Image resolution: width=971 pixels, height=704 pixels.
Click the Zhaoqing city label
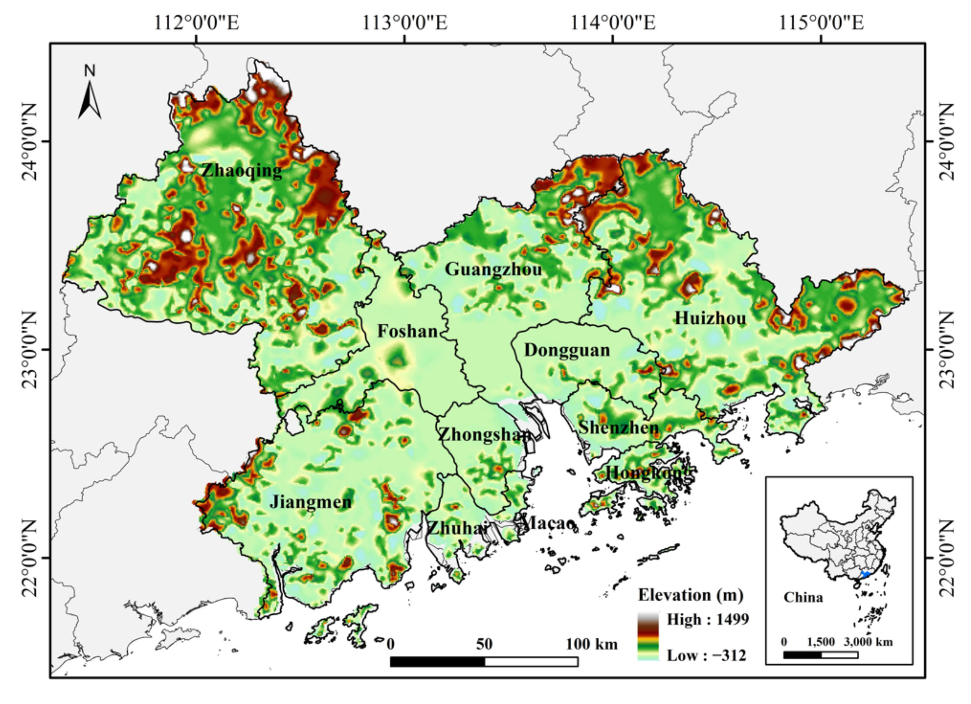tap(241, 171)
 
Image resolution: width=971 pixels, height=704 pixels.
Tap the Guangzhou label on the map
tap(493, 270)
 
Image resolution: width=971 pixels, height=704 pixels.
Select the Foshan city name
tap(407, 331)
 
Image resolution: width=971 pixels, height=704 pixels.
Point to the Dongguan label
tap(567, 350)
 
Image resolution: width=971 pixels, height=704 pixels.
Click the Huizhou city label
tap(710, 318)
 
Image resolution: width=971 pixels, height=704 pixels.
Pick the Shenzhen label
tap(619, 427)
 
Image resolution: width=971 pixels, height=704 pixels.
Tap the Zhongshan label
tap(484, 434)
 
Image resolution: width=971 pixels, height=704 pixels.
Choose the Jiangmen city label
tap(310, 502)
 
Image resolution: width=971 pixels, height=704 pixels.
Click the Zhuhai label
tap(457, 529)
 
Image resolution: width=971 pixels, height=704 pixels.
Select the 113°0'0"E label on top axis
tap(405, 23)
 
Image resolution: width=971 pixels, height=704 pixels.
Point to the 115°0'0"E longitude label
tap(821, 23)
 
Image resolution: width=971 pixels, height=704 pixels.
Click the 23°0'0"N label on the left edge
tap(29, 349)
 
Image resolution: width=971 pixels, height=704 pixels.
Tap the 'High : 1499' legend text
tap(708, 619)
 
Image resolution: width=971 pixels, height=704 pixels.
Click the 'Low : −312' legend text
tap(706, 656)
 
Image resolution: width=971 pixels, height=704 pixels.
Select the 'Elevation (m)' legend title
tap(691, 595)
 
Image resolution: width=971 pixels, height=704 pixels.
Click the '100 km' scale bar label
tap(592, 644)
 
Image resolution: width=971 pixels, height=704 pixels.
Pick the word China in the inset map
tap(803, 597)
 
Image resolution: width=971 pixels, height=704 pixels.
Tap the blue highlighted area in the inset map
tap(865, 574)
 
